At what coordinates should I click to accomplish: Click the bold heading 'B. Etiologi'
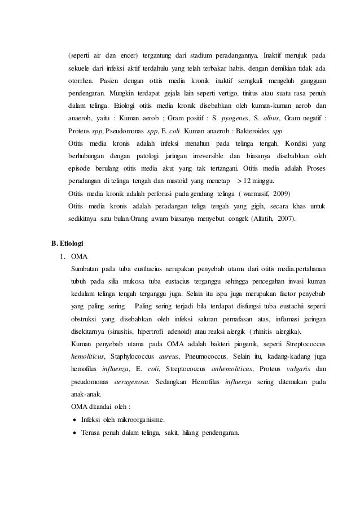click(67, 244)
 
